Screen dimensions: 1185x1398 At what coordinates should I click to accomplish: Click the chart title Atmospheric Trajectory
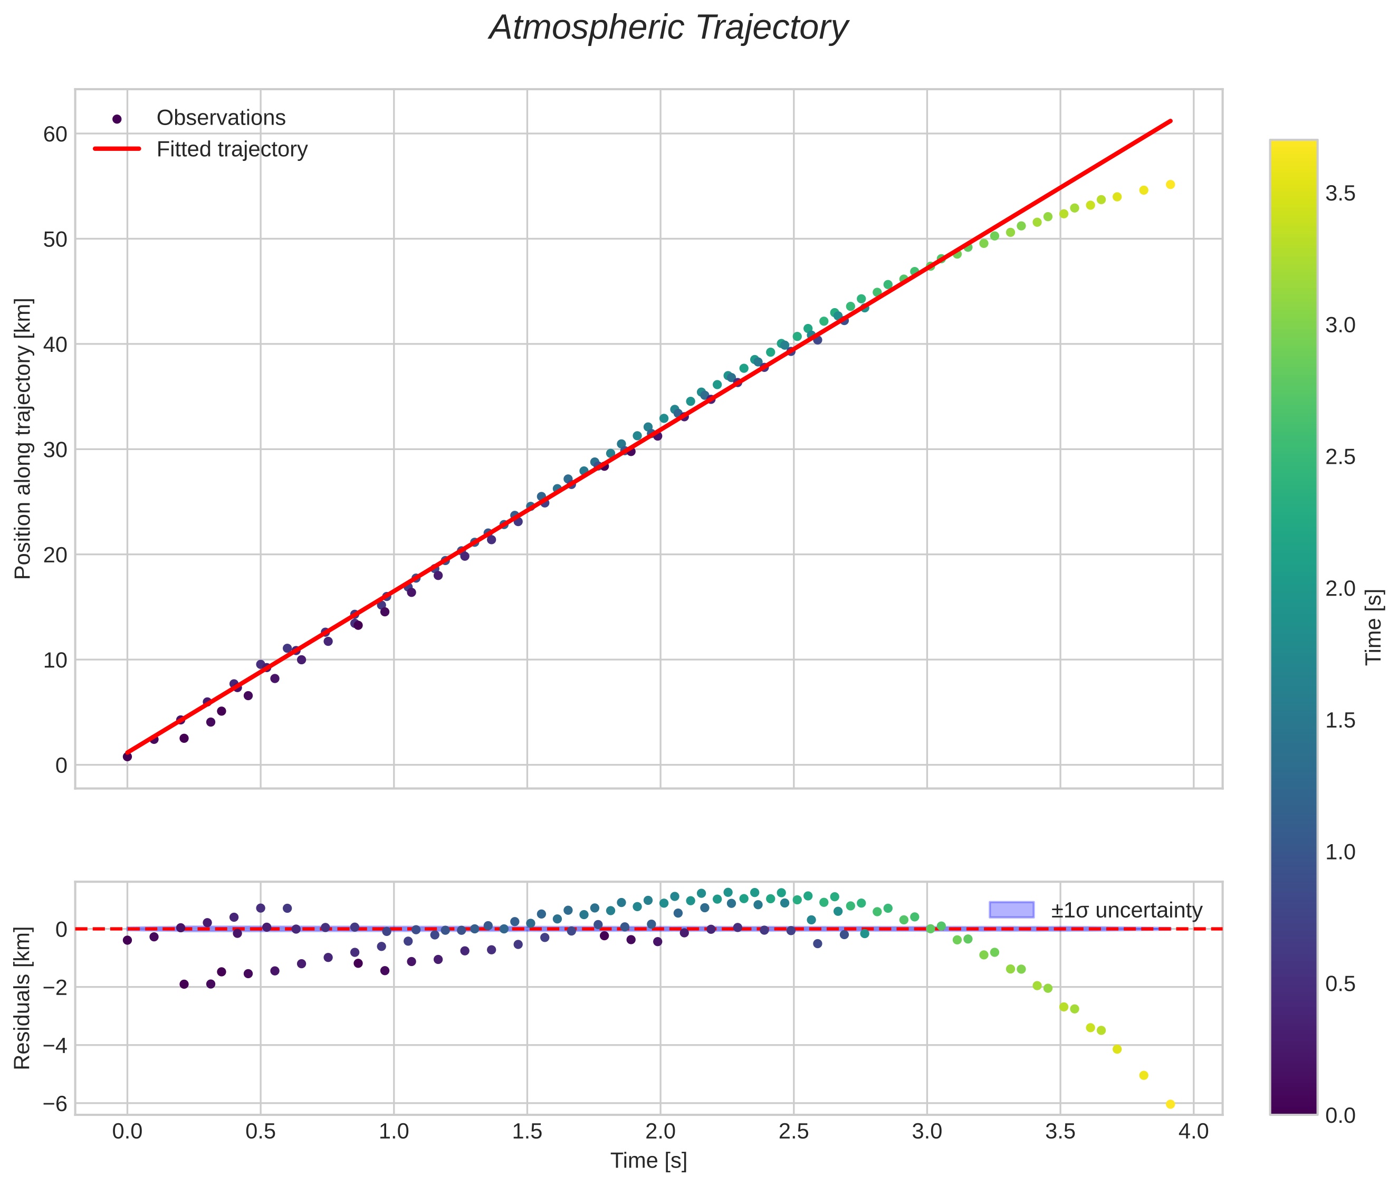point(668,28)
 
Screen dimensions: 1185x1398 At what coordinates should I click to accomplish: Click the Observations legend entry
point(221,118)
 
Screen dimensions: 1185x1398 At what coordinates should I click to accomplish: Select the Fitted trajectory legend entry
point(232,149)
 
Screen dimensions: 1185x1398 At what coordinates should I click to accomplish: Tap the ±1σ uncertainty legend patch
point(1011,910)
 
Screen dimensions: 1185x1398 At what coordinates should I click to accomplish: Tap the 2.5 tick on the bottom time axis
point(793,1132)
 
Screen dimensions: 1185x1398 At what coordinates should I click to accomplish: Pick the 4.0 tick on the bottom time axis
point(1193,1132)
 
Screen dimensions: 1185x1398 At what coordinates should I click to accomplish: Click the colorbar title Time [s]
point(1374,627)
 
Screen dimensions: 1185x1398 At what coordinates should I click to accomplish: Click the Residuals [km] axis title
point(23,998)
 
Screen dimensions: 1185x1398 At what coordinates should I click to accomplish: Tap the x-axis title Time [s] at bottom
point(648,1161)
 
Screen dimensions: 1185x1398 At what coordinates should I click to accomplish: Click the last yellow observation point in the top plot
point(1170,185)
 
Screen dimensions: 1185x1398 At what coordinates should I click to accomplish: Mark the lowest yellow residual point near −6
point(1170,1104)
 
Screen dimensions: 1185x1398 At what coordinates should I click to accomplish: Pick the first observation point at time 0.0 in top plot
point(127,757)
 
